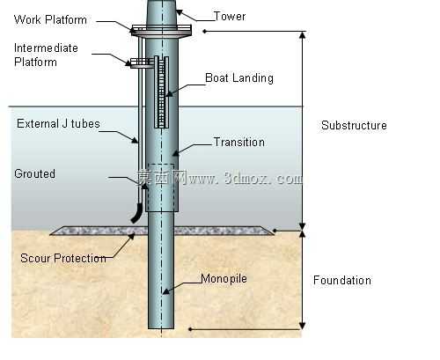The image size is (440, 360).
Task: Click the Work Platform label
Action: pyautogui.click(x=50, y=20)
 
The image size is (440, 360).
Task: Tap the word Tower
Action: pyautogui.click(x=230, y=16)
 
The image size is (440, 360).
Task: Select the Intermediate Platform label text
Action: pyautogui.click(x=46, y=55)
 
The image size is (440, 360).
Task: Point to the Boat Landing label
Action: pyautogui.click(x=239, y=78)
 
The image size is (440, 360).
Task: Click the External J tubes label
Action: pyautogui.click(x=58, y=123)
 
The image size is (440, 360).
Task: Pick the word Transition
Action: pyautogui.click(x=239, y=142)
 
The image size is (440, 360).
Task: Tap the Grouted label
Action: pyautogui.click(x=34, y=173)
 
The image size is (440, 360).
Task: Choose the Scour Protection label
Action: pyautogui.click(x=63, y=258)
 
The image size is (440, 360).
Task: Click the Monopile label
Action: pyautogui.click(x=224, y=278)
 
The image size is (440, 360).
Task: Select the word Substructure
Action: pyautogui.click(x=354, y=125)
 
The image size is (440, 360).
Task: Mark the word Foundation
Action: pyautogui.click(x=342, y=280)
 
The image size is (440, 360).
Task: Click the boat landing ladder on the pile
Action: pyautogui.click(x=161, y=92)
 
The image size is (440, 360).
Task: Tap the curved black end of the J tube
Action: pyautogui.click(x=136, y=213)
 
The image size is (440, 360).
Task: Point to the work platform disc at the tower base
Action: pyautogui.click(x=161, y=31)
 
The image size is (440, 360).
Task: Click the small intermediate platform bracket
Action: pyautogui.click(x=143, y=62)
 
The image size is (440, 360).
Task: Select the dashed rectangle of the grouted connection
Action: pyautogui.click(x=161, y=187)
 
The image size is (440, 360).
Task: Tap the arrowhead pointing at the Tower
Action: pyautogui.click(x=179, y=12)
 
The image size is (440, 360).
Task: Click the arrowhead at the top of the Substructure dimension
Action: pyautogui.click(x=303, y=35)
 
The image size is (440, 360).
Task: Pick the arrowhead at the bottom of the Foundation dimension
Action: pyautogui.click(x=303, y=326)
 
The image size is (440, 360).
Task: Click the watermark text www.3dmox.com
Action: pyautogui.click(x=246, y=178)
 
